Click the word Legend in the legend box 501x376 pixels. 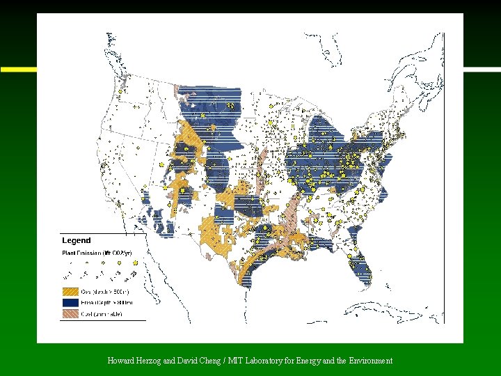coord(77,240)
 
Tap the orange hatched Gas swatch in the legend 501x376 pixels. coord(71,291)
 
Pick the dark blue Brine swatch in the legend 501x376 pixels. coord(71,303)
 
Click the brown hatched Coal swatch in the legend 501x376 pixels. coord(71,315)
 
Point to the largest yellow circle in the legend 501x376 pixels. coord(134,263)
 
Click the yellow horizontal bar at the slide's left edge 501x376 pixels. coord(18,70)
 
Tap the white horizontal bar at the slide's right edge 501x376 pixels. coord(482,69)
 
